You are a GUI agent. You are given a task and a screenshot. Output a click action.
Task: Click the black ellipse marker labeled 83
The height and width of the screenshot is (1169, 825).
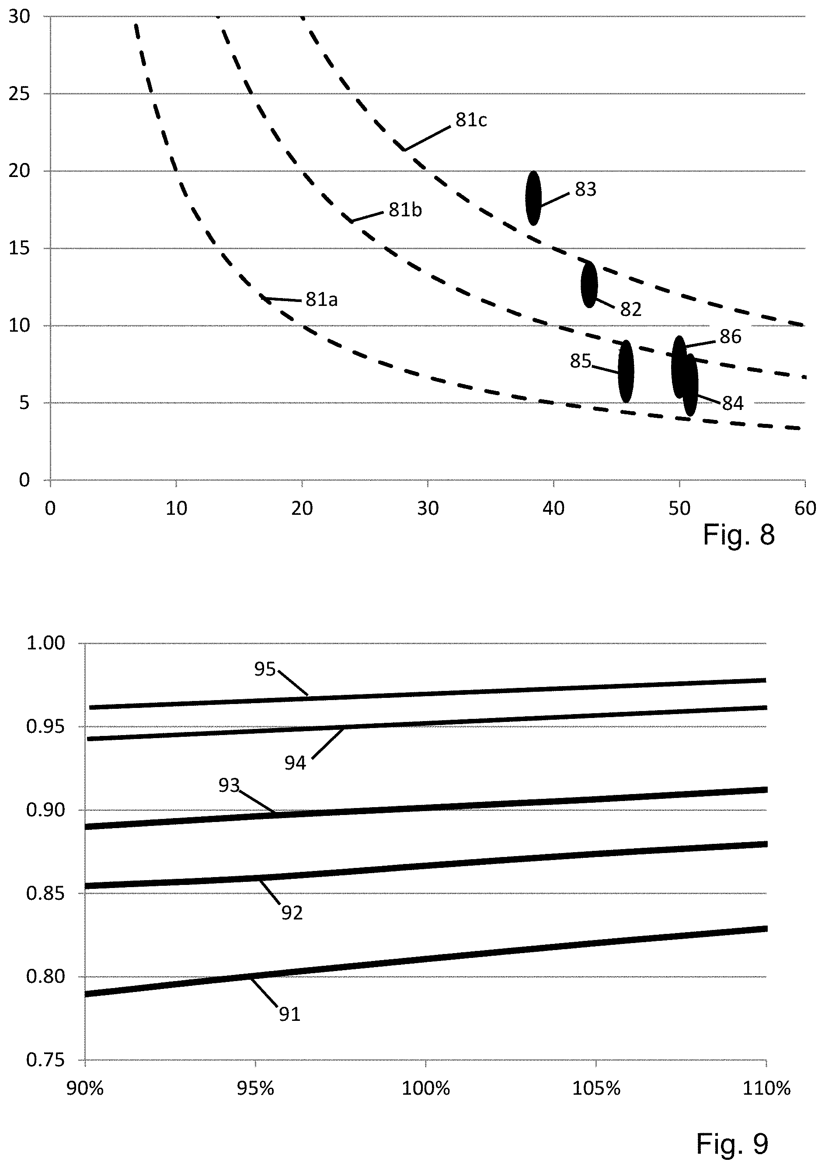pos(533,198)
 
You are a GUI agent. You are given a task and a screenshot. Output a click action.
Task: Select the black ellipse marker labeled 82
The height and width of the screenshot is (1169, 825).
pos(589,284)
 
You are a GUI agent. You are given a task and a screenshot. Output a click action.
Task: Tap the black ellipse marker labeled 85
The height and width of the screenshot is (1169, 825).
pos(626,371)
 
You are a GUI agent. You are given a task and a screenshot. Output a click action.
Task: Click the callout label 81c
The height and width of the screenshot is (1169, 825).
pos(471,120)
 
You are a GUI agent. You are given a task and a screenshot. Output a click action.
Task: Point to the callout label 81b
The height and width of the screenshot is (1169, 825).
pos(405,210)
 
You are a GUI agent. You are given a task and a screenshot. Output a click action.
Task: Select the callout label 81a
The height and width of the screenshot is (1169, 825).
pos(321,299)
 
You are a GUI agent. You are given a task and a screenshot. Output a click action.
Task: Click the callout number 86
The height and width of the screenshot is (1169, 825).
pos(730,336)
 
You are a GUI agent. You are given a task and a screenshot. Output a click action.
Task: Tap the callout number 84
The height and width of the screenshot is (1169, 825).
pos(733,403)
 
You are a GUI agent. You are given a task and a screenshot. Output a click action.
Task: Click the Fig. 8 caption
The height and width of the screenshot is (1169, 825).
pos(738,535)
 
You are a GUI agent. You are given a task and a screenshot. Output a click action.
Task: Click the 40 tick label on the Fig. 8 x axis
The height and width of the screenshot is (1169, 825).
pos(553,508)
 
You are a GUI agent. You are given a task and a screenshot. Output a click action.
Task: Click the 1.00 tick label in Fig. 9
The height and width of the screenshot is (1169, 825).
pos(45,643)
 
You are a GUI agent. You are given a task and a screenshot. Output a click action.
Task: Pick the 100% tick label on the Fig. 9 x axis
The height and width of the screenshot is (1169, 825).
pos(426,1089)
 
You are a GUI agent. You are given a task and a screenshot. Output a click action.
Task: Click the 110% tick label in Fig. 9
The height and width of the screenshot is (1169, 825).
pos(766,1089)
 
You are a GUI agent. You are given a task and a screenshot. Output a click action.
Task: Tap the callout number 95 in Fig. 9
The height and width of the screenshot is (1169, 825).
pos(265,669)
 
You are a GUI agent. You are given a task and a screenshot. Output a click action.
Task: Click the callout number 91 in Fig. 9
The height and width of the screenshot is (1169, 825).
pos(290,1014)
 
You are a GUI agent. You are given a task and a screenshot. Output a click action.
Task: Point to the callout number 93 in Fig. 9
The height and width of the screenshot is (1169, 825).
pos(229,786)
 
